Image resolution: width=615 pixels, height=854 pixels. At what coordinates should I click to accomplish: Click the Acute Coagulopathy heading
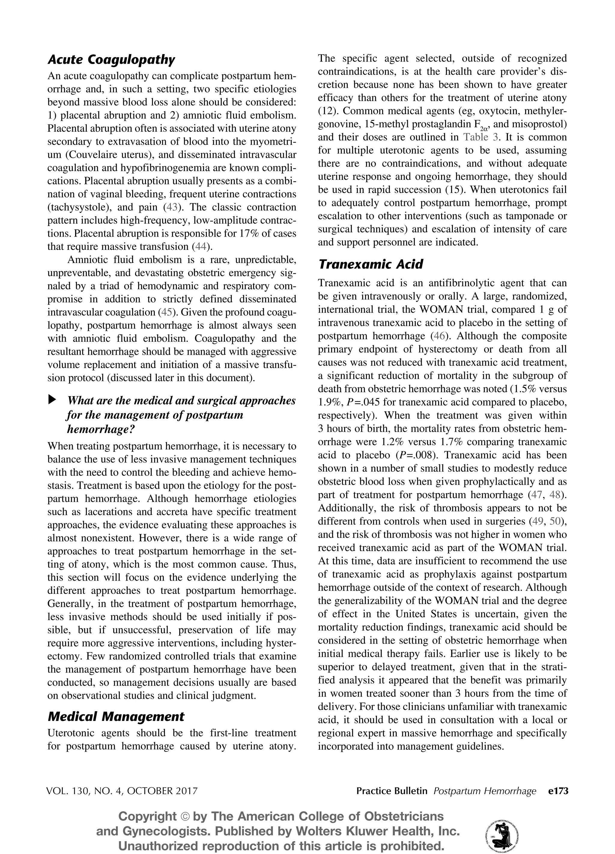click(x=111, y=60)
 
